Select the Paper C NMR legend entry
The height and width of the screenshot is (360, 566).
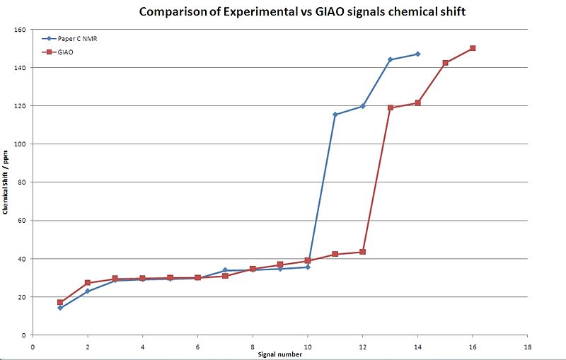click(x=77, y=39)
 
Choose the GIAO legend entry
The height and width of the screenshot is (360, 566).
click(x=67, y=52)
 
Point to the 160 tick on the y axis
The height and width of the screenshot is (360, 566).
click(x=20, y=30)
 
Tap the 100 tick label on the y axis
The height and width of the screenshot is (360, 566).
click(x=20, y=144)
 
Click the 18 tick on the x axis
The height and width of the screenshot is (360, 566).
click(x=527, y=347)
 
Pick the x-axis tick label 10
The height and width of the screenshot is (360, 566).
click(x=308, y=347)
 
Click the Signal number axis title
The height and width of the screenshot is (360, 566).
click(x=279, y=354)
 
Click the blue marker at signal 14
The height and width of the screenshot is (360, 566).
click(x=418, y=54)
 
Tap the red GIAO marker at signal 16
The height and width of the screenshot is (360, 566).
click(x=473, y=48)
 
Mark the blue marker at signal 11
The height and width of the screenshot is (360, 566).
click(x=335, y=115)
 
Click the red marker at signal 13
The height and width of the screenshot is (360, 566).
click(x=391, y=108)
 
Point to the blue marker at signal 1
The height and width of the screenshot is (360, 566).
click(x=60, y=308)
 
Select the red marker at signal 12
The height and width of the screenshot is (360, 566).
click(x=363, y=252)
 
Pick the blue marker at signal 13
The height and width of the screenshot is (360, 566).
click(x=391, y=59)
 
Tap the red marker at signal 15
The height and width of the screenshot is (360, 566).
click(x=446, y=63)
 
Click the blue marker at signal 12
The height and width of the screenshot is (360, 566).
click(x=363, y=106)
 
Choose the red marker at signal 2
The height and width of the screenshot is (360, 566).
click(x=88, y=283)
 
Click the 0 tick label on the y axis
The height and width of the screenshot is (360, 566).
click(x=23, y=335)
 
